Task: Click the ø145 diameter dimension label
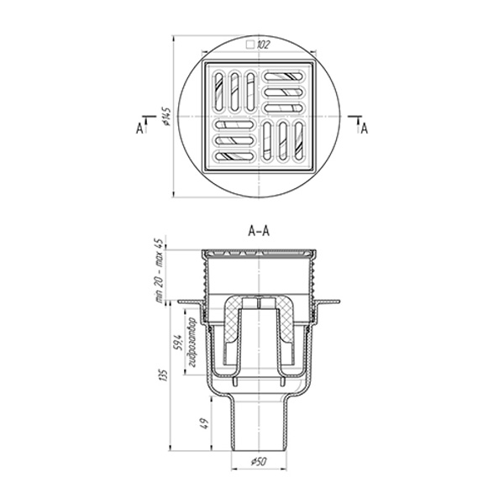pos(166,116)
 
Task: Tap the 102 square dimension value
pos(263,45)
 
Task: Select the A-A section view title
pos(259,231)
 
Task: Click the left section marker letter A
pos(139,129)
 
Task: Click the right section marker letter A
pos(365,129)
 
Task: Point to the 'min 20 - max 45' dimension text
pos(160,270)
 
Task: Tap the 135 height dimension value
pos(165,375)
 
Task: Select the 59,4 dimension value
pos(179,343)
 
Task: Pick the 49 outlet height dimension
pos(206,423)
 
